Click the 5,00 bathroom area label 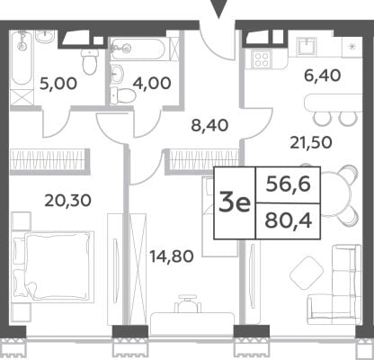[58, 84]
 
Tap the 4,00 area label [152, 83]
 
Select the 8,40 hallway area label [209, 125]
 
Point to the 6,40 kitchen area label [322, 76]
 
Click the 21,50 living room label [311, 142]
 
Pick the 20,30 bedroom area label [67, 201]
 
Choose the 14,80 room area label [172, 256]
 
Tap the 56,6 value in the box [289, 184]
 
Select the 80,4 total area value [289, 220]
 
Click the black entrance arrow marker [219, 9]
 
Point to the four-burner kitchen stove [262, 58]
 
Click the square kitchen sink [307, 47]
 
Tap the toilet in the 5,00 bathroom [90, 61]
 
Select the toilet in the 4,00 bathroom [123, 95]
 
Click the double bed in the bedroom [52, 265]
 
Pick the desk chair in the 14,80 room [188, 303]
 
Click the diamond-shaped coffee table [307, 273]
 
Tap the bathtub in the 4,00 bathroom [137, 49]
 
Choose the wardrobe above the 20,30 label [49, 161]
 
